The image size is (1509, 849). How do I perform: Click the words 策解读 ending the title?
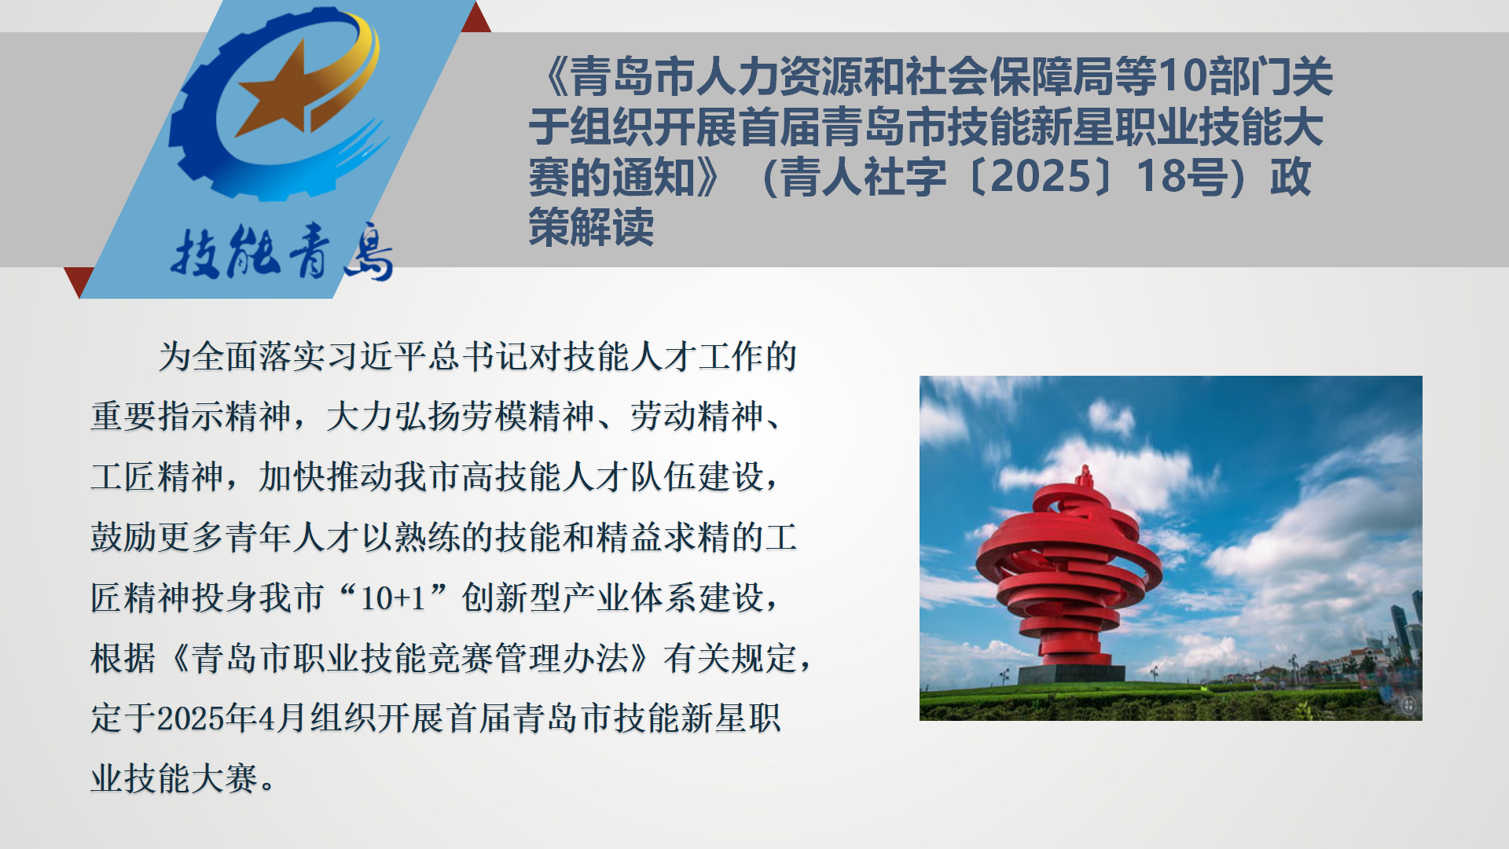(591, 227)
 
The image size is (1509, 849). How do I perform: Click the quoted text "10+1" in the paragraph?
(393, 598)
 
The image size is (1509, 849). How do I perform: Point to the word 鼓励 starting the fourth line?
(123, 538)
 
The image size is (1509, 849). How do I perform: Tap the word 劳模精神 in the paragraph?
(528, 417)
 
